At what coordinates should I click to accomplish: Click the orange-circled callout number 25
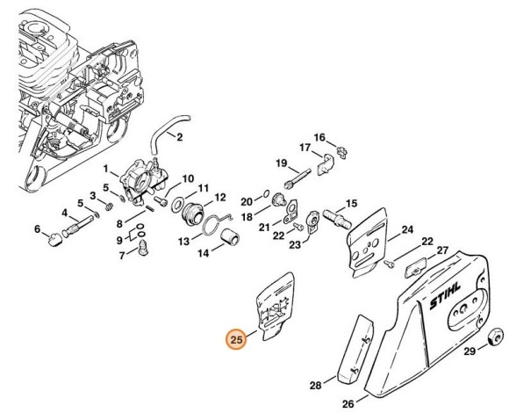coord(236,339)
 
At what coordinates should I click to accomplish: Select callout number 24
coord(406,231)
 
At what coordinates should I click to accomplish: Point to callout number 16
coord(319,137)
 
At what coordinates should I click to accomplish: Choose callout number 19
coord(282,163)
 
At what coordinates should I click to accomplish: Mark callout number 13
coord(185,241)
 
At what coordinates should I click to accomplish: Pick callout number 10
coord(188,179)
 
